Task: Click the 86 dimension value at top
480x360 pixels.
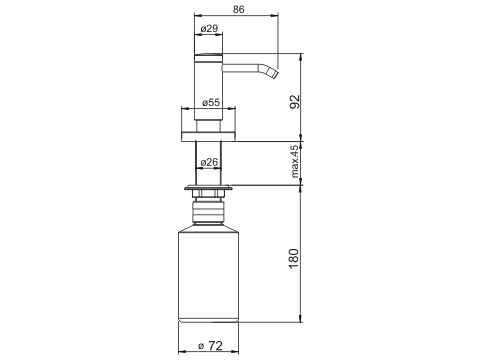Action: [238, 9]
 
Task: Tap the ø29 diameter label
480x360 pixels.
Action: [209, 29]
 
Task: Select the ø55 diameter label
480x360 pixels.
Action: [211, 102]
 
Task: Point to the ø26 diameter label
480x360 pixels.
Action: [209, 162]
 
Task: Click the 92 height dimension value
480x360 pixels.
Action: [295, 102]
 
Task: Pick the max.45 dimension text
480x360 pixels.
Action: [295, 161]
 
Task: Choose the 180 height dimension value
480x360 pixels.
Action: [294, 259]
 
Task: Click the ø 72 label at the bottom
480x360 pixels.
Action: [210, 346]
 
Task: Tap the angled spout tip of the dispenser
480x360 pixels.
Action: [273, 74]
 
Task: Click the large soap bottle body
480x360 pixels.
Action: [209, 274]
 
